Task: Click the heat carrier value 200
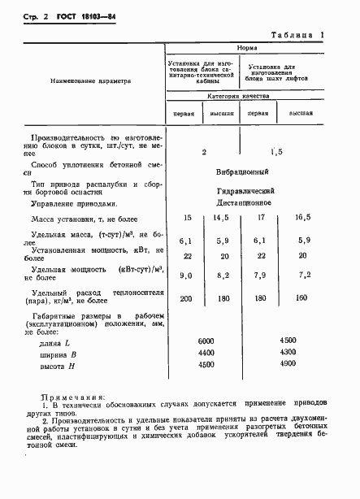(187, 299)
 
